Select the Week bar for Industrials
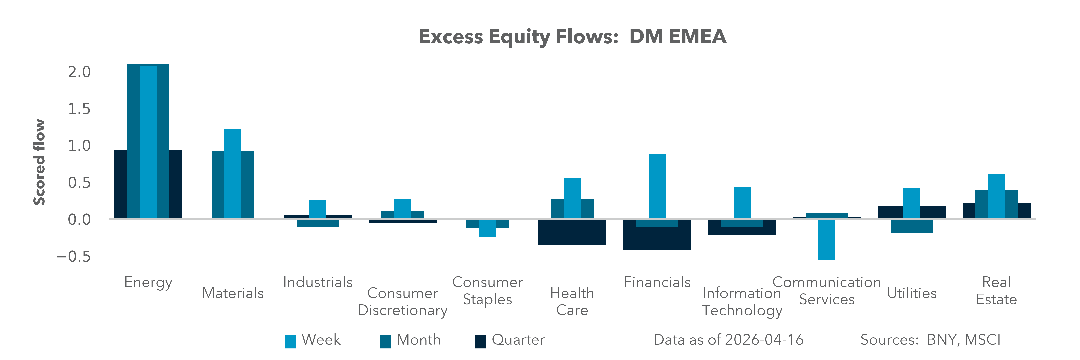pos(318,209)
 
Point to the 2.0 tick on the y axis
pos(79,72)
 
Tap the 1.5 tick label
pos(79,109)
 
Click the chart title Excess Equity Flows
pos(572,36)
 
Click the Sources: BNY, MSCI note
pos(930,340)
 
